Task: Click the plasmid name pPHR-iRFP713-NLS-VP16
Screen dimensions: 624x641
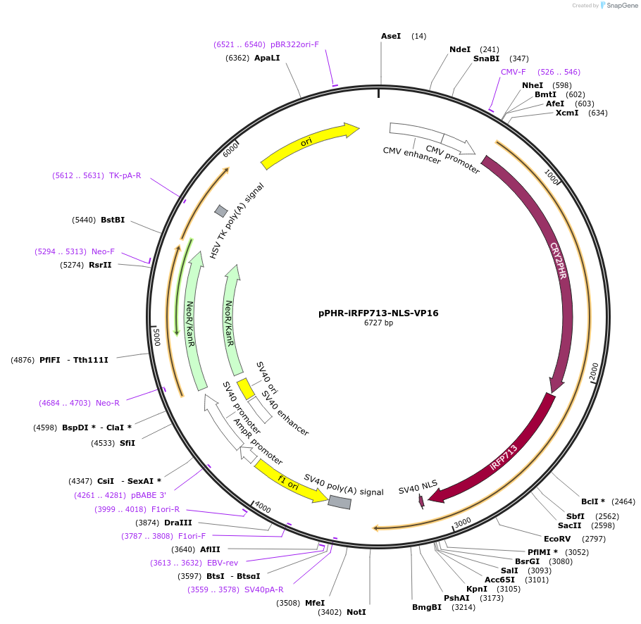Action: pos(378,313)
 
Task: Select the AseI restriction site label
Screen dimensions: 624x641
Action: pos(391,36)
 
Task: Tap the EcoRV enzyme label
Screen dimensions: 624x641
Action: pos(557,539)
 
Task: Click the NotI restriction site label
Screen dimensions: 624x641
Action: pos(356,612)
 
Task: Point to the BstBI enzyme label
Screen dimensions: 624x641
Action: pos(113,220)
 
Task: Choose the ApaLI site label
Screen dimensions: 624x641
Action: pos(267,58)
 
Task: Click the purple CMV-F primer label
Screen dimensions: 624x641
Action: pos(513,72)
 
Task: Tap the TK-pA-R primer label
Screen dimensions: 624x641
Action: pos(125,175)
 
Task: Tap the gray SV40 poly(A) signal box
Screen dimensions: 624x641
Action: pos(340,501)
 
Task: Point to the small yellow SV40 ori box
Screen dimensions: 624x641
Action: pos(245,389)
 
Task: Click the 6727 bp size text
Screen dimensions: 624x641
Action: pos(378,323)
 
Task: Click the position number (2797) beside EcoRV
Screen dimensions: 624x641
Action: pos(593,539)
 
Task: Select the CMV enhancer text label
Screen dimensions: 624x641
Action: pos(412,156)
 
